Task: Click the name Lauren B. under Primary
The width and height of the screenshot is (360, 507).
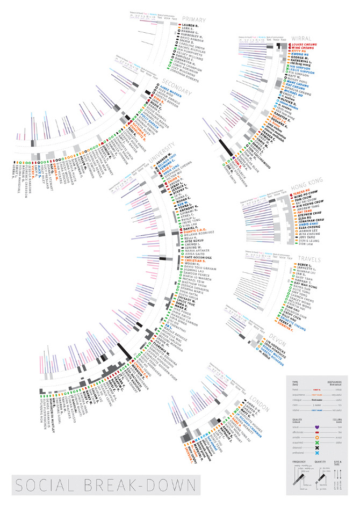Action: coord(191,25)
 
